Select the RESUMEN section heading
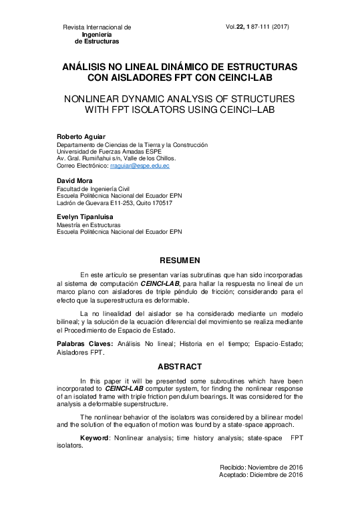179,259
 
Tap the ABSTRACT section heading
179,367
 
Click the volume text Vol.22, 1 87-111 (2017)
257,27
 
